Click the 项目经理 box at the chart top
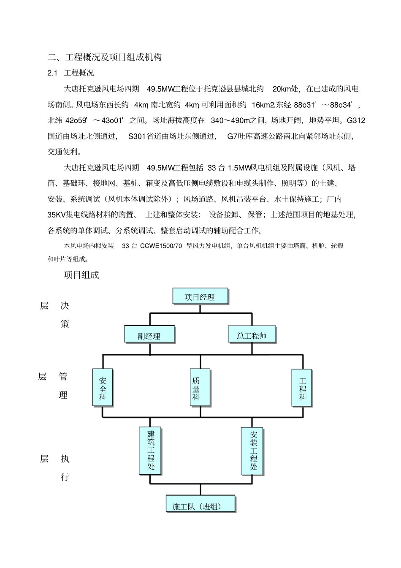[x=200, y=297]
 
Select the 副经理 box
[x=149, y=336]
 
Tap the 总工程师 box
[x=252, y=335]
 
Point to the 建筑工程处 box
[x=150, y=450]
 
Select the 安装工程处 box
[x=252, y=451]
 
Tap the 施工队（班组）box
[x=200, y=505]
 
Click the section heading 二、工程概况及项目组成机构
[x=105, y=57]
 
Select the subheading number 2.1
[x=52, y=73]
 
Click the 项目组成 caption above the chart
[x=81, y=275]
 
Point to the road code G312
[x=355, y=120]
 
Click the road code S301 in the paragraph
[x=136, y=136]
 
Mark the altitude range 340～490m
[x=230, y=120]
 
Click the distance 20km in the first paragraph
[x=282, y=89]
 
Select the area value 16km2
[x=263, y=105]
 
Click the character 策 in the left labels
[x=65, y=324]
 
